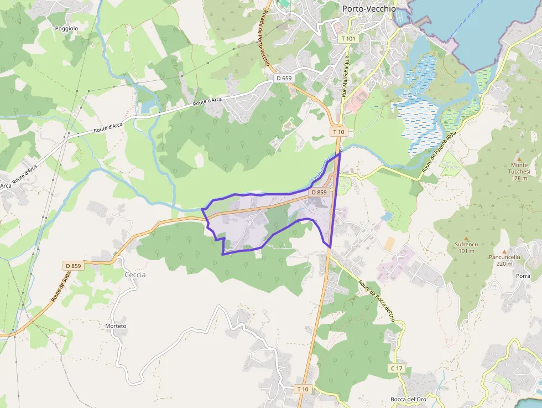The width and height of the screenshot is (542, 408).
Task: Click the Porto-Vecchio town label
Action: pyautogui.click(x=368, y=8)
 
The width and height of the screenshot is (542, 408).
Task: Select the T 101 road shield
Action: pyautogui.click(x=348, y=38)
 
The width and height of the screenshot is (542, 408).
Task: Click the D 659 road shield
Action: pyautogui.click(x=283, y=78)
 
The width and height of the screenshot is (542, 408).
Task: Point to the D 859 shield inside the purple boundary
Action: pyautogui.click(x=319, y=192)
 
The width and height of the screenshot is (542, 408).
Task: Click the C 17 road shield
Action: pyautogui.click(x=397, y=368)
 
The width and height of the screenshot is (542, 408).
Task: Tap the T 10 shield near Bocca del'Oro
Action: pyautogui.click(x=303, y=389)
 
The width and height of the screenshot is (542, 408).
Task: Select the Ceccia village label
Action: pyautogui.click(x=135, y=275)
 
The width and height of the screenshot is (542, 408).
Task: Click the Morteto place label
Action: pyautogui.click(x=116, y=326)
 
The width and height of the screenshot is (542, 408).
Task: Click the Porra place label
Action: pyautogui.click(x=523, y=275)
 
